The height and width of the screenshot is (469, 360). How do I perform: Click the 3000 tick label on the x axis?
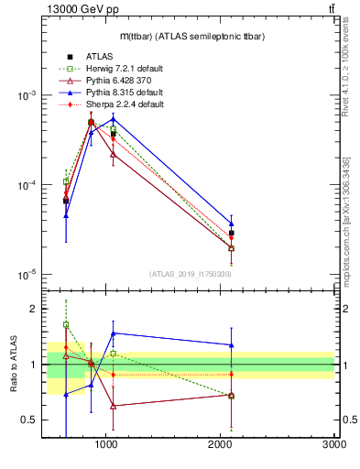pos(333,444)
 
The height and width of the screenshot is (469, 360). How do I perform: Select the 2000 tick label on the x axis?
pos(220,444)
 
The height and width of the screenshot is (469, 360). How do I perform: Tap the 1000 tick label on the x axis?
pos(106,444)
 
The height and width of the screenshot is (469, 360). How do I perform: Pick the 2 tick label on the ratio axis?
pos(32,309)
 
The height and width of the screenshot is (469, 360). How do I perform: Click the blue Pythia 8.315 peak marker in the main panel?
pos(112,119)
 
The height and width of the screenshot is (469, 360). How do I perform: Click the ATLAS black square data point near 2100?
pos(231,234)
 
